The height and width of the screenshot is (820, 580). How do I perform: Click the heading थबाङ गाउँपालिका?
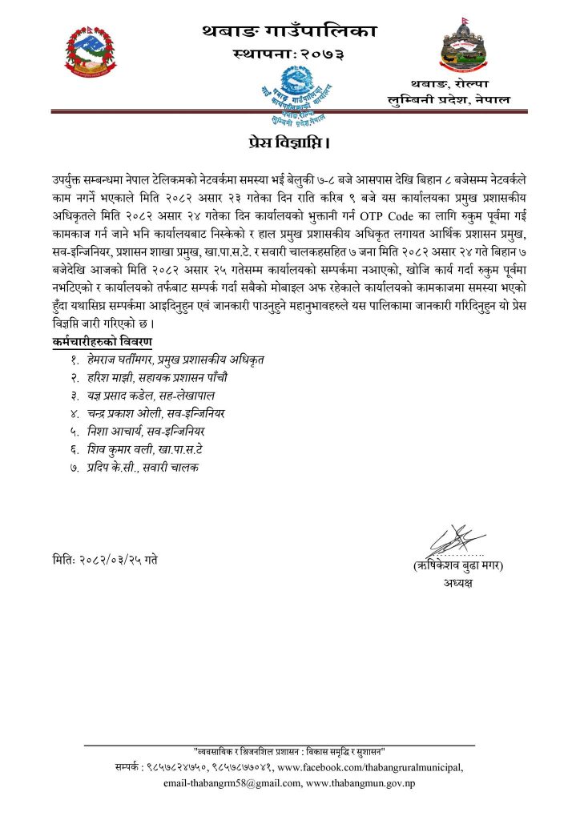[x=290, y=32]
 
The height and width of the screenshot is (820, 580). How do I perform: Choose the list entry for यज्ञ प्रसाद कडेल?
[x=158, y=396]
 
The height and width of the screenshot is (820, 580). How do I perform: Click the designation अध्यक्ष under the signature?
[x=457, y=584]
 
